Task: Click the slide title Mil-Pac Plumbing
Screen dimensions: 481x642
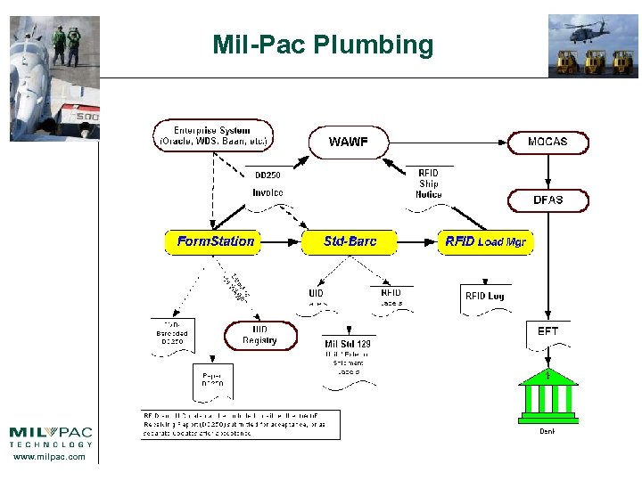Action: click(323, 45)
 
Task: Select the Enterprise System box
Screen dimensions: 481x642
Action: click(212, 135)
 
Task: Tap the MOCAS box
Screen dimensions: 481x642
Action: click(547, 142)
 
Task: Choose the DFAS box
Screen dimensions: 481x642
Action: click(547, 200)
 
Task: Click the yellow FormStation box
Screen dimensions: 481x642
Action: click(215, 241)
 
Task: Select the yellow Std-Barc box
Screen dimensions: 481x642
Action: click(350, 241)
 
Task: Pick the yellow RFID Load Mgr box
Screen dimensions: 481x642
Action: click(485, 241)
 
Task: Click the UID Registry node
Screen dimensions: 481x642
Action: click(259, 335)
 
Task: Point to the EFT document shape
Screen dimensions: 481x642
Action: click(547, 333)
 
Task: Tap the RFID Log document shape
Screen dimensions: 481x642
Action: click(484, 298)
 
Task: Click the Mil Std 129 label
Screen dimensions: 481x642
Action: click(348, 344)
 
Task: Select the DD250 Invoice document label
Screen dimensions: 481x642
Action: click(267, 184)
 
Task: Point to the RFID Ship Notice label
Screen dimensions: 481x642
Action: click(429, 183)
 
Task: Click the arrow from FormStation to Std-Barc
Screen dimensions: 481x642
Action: click(281, 241)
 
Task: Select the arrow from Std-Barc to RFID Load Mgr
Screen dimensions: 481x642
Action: click(417, 241)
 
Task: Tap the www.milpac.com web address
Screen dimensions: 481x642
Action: click(51, 456)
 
